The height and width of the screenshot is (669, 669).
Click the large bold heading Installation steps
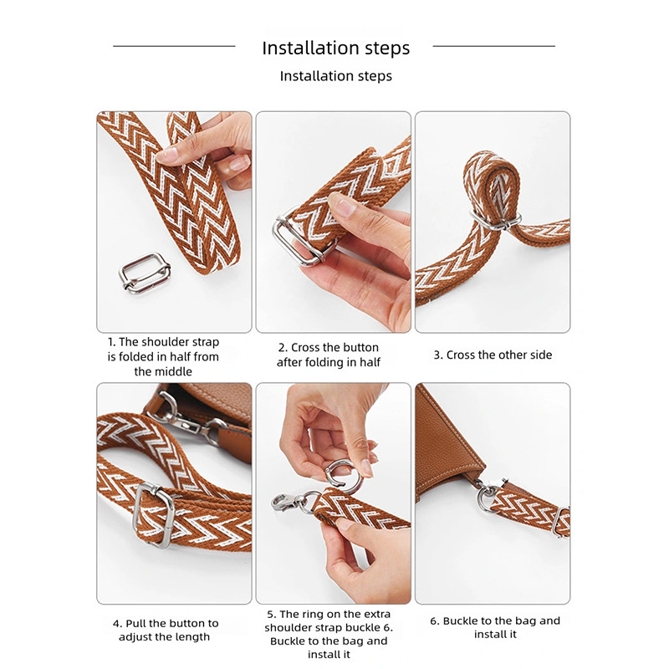tap(336, 48)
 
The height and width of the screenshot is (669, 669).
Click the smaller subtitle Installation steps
tap(336, 76)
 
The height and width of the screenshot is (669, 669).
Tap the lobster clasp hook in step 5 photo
tap(285, 503)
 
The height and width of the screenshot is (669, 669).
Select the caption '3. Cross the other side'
tap(493, 355)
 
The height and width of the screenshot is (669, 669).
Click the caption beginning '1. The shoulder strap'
tap(163, 357)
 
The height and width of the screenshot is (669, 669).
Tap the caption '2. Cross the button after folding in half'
tap(329, 355)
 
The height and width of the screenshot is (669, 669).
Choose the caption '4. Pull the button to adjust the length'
tap(166, 631)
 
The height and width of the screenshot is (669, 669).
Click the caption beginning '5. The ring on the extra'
tap(329, 634)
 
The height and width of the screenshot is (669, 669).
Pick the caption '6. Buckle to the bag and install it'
tap(495, 627)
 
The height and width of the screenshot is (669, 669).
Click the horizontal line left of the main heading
tap(174, 46)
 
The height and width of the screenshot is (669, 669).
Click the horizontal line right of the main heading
tap(494, 46)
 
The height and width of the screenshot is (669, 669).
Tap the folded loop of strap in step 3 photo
tap(492, 183)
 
